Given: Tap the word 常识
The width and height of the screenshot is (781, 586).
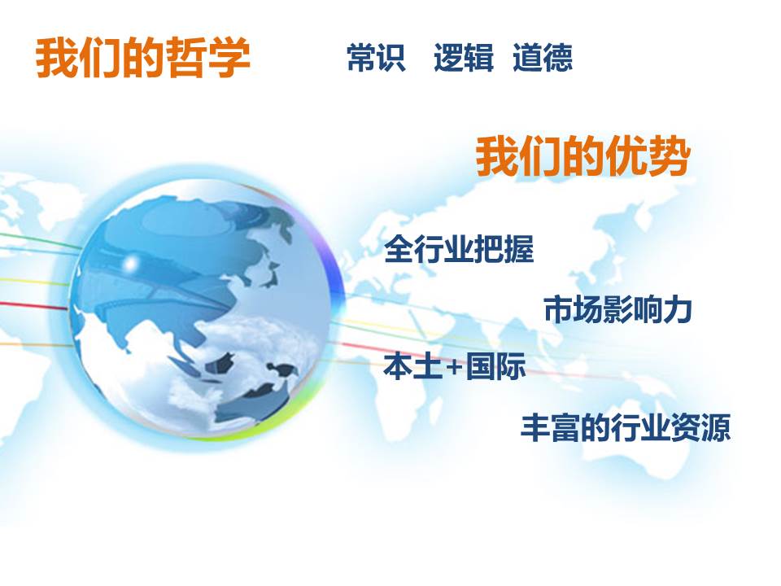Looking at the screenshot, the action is pyautogui.click(x=376, y=57).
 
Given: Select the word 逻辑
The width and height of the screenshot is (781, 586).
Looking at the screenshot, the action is pyautogui.click(x=464, y=57).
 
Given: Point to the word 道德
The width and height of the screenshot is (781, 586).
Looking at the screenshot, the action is pyautogui.click(x=543, y=57).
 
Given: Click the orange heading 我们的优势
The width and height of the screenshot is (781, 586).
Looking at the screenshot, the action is pyautogui.click(x=583, y=156).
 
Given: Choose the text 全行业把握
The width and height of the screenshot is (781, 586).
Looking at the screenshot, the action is pyautogui.click(x=459, y=249).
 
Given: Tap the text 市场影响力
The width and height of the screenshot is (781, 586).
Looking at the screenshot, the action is pyautogui.click(x=617, y=309).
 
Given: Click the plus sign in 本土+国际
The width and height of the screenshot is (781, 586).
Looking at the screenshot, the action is pyautogui.click(x=454, y=368).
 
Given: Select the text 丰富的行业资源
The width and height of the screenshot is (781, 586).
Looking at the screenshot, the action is pyautogui.click(x=626, y=427).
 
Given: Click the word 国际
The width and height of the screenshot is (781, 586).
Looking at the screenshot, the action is pyautogui.click(x=496, y=367).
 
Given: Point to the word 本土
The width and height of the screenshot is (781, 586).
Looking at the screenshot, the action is pyautogui.click(x=413, y=367).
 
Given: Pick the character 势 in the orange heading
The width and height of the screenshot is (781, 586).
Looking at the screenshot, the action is pyautogui.click(x=670, y=156).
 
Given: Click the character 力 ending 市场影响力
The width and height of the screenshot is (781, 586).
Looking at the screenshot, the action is pyautogui.click(x=678, y=309).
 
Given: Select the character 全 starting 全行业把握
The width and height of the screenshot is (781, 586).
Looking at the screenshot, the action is pyautogui.click(x=399, y=249).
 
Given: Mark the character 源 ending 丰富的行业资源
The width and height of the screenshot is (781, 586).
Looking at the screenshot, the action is pyautogui.click(x=716, y=427).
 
